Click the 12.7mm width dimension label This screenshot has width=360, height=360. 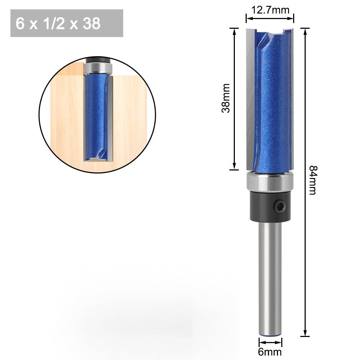click(x=270, y=10)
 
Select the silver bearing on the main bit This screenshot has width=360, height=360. click(x=270, y=182)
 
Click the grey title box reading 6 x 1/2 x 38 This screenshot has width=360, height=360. click(x=67, y=23)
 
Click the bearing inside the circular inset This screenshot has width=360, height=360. click(x=98, y=67)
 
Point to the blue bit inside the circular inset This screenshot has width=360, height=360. click(x=96, y=115)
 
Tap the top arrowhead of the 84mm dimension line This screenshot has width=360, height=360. click(x=305, y=31)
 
